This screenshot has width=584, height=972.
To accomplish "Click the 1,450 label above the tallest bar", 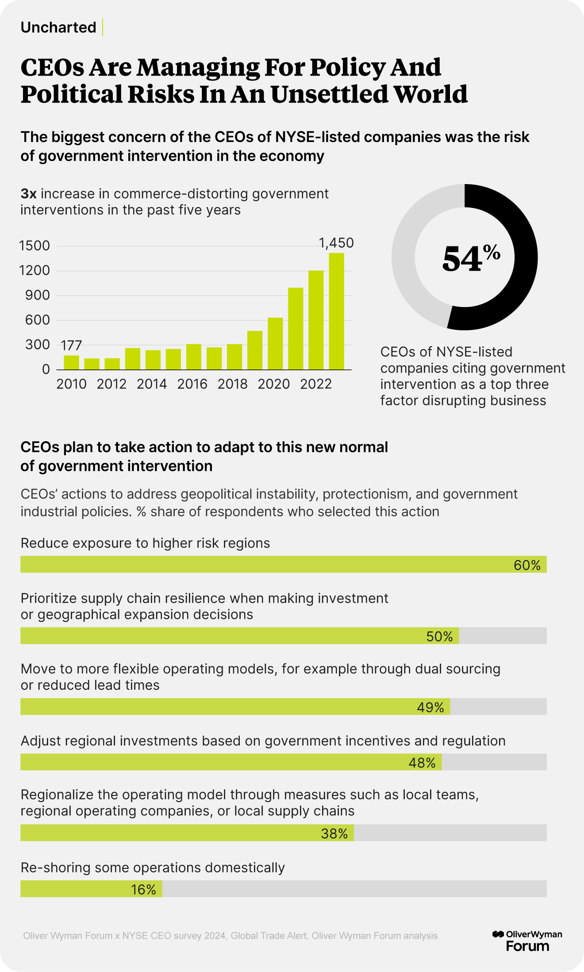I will click(336, 243).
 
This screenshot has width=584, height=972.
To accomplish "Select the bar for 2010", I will click(71, 362).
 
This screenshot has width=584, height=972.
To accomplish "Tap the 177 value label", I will click(71, 345).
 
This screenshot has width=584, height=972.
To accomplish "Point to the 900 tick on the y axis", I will click(38, 295).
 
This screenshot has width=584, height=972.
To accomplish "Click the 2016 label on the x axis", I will click(192, 384).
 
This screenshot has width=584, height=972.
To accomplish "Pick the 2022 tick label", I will click(316, 384).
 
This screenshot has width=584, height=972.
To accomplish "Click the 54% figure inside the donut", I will click(471, 258).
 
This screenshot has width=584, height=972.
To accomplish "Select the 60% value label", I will click(527, 565).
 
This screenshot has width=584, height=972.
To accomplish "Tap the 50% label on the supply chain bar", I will click(439, 636).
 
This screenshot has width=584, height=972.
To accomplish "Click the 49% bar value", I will click(430, 707).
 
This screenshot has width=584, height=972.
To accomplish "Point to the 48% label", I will click(422, 763).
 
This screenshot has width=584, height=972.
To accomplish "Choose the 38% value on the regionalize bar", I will click(334, 834).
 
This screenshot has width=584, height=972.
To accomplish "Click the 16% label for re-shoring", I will click(143, 889).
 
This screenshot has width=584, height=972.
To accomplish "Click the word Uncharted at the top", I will click(58, 27).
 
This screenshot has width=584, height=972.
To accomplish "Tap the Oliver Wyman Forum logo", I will click(527, 941).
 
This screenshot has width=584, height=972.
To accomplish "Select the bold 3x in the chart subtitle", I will click(28, 194).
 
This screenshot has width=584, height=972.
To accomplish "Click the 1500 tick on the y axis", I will click(35, 246).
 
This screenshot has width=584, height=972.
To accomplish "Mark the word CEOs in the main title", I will click(52, 68).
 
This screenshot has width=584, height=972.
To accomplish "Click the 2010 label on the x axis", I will click(71, 384).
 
